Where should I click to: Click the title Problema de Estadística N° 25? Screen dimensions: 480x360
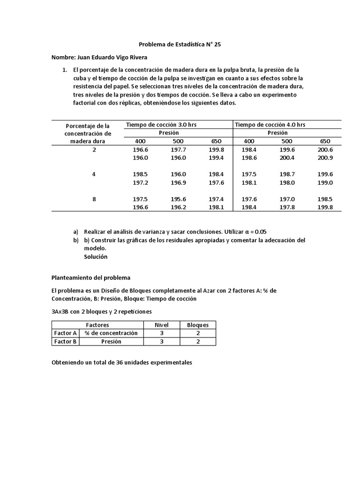[x=180, y=45]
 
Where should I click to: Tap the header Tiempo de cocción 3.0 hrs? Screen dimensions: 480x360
[x=156, y=125]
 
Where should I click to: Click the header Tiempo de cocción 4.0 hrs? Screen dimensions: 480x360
[x=270, y=125]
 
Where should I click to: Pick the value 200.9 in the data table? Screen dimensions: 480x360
[x=325, y=158]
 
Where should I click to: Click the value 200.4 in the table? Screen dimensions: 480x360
[x=287, y=158]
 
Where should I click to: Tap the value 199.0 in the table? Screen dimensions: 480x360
[x=325, y=182]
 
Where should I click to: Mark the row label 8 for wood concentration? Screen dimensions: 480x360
[x=94, y=199]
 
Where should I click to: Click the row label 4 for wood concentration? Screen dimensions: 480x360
[x=94, y=174]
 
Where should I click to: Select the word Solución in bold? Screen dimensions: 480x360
[x=96, y=256]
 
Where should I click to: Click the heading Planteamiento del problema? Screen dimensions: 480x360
[x=91, y=277]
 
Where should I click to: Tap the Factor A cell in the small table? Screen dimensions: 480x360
[x=65, y=333]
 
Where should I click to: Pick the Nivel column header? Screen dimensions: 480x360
[x=161, y=324]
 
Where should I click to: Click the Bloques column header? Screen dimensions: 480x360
[x=198, y=324]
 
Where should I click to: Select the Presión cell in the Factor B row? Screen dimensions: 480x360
[x=111, y=342]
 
